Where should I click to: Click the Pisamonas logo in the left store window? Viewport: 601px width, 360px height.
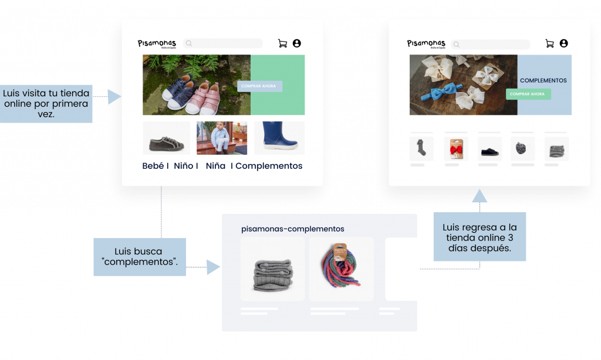(157, 43)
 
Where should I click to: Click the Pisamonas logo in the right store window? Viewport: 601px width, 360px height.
(426, 44)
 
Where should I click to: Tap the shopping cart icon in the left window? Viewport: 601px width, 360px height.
(282, 43)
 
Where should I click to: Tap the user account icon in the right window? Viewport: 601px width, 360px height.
(563, 43)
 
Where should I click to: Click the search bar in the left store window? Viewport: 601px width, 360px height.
(223, 43)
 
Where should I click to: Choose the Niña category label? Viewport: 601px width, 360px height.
(215, 166)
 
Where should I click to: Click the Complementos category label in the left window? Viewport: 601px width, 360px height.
(269, 166)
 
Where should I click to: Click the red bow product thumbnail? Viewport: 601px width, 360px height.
(457, 149)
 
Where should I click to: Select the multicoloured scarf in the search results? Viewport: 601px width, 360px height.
(341, 269)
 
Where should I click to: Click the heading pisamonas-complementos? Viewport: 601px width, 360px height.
(292, 229)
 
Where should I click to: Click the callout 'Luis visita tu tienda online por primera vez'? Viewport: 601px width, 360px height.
(46, 104)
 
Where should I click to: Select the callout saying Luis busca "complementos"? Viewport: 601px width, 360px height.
(140, 256)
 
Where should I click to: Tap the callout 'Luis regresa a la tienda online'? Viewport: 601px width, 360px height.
(480, 237)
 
